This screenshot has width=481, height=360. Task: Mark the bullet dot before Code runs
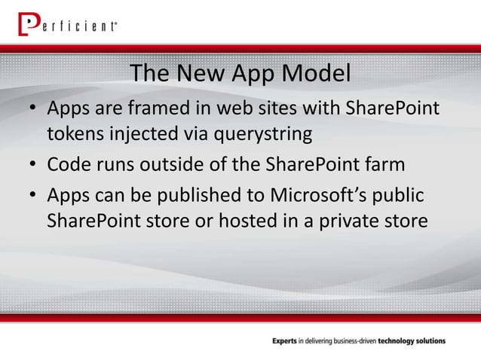(34, 165)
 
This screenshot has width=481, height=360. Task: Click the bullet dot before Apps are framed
(34, 110)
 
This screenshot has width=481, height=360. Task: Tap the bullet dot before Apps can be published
(34, 196)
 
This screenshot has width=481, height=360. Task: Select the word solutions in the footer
(428, 341)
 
